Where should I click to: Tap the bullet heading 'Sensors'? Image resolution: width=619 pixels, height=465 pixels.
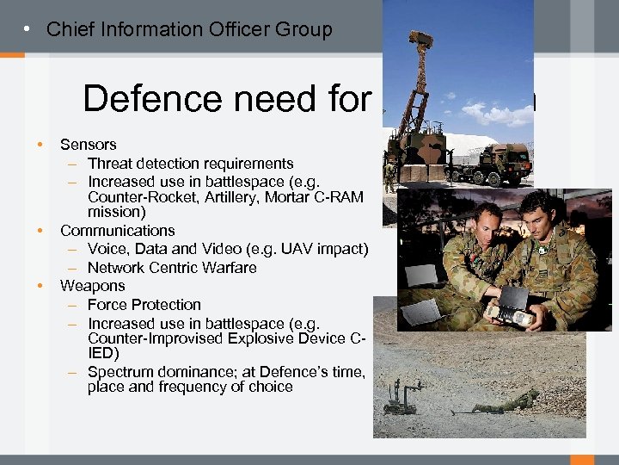88,145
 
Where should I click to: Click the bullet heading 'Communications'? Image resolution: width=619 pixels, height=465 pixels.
117,231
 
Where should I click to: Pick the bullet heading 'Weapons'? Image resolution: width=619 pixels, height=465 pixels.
92,286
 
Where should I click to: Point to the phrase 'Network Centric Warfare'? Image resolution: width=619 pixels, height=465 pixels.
172,268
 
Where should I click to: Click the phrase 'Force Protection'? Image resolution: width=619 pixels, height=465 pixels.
144,305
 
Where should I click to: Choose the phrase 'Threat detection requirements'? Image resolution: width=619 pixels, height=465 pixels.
190,164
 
